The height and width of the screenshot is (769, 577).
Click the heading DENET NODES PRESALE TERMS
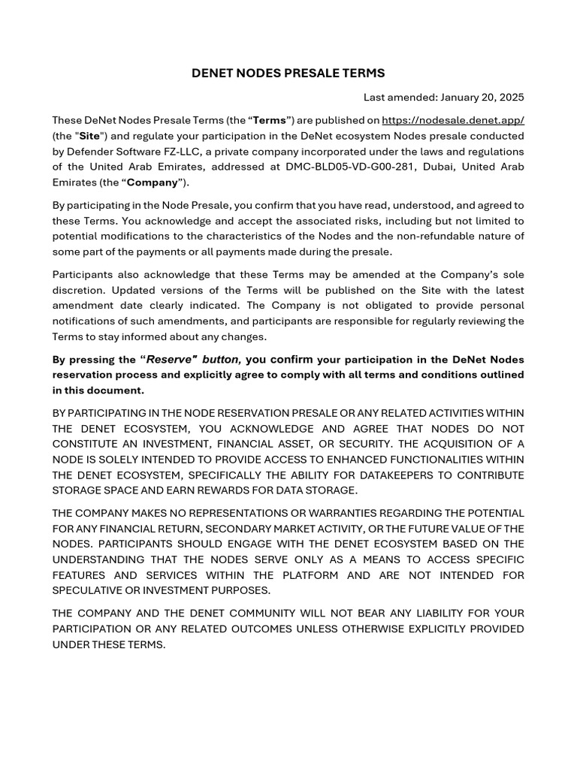[288, 73]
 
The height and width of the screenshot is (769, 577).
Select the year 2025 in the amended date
[510, 97]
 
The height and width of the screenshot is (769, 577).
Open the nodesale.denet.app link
[453, 120]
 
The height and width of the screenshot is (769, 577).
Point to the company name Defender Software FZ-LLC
[132, 151]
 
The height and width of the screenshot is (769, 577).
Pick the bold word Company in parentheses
[152, 182]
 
